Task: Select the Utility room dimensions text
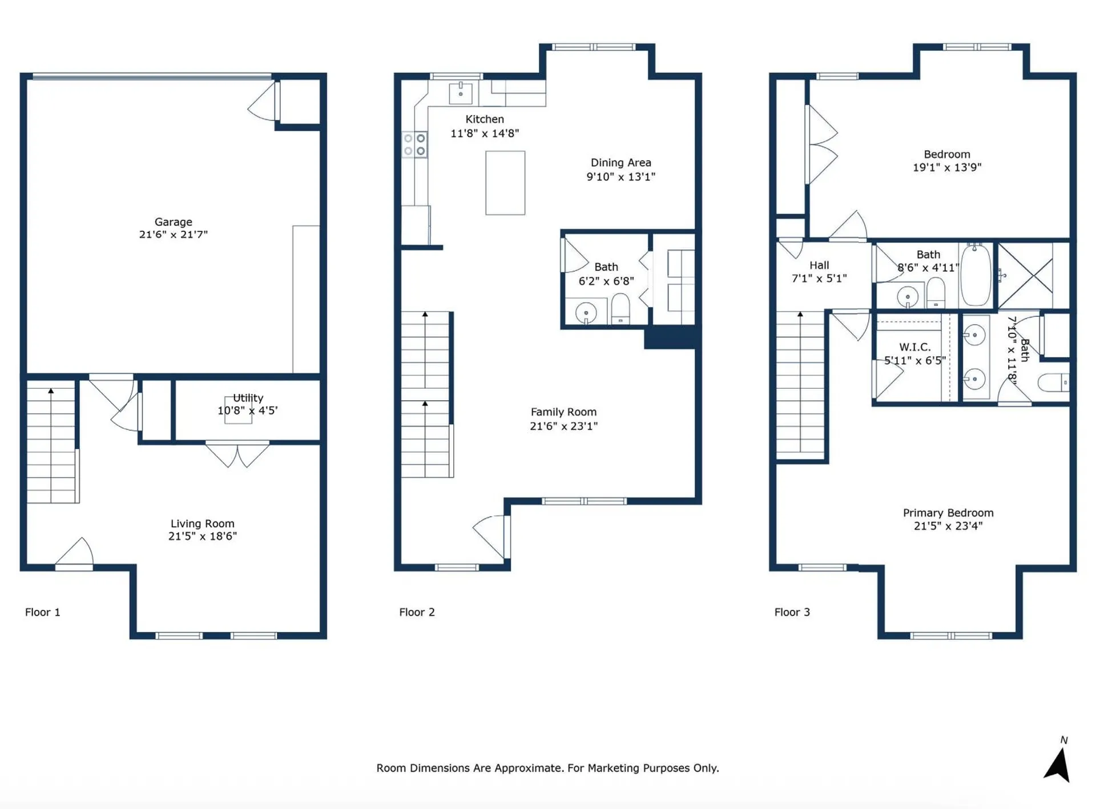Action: point(248,410)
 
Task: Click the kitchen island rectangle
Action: point(505,183)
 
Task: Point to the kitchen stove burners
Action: point(414,144)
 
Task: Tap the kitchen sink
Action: point(461,92)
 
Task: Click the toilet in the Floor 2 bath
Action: point(620,309)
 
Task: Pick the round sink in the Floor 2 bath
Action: point(586,313)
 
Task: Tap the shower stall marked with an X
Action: point(1025,275)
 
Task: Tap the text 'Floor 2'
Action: point(417,613)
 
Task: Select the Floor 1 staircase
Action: point(52,442)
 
